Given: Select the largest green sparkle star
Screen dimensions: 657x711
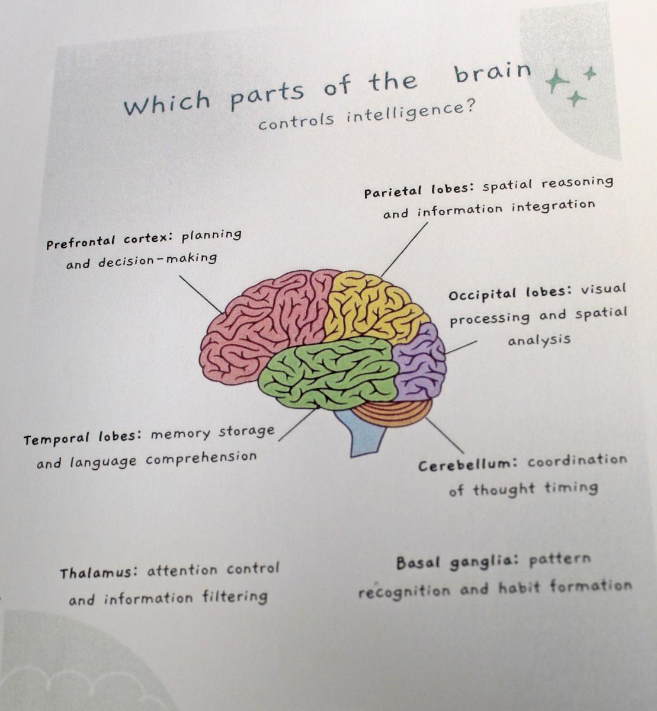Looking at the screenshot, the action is (557, 82).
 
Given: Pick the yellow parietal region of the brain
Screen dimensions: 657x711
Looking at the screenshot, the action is (373, 308).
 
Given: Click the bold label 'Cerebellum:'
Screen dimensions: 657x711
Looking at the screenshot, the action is (468, 465).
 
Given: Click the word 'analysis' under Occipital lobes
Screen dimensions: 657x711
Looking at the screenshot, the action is (539, 340).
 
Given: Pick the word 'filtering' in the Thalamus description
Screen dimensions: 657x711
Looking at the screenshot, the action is (235, 597).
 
